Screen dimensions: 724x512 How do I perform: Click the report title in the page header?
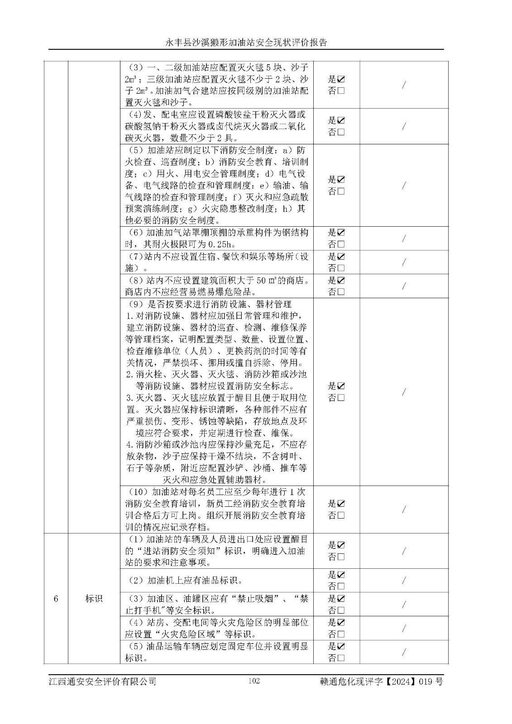tap(246, 43)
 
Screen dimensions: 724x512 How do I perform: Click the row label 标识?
tap(94, 599)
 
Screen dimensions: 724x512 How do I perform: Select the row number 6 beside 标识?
tap(56, 599)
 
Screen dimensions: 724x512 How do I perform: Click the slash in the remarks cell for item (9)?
tap(404, 392)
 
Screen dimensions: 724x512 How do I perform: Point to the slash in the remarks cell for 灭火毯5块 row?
tap(404, 85)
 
